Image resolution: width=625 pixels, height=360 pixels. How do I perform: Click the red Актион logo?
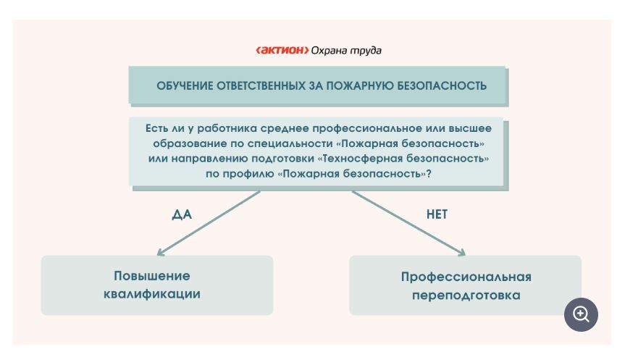point(282,50)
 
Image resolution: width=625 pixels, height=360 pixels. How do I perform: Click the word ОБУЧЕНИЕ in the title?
point(185,85)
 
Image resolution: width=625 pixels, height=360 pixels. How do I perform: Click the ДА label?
point(182,214)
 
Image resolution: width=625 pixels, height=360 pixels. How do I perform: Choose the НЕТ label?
point(437,214)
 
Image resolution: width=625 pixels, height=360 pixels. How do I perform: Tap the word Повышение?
point(152,276)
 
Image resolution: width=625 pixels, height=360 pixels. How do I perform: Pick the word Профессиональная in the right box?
point(466,277)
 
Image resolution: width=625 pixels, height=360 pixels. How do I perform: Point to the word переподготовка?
point(466,295)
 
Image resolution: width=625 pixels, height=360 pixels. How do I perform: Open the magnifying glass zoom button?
point(581,314)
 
